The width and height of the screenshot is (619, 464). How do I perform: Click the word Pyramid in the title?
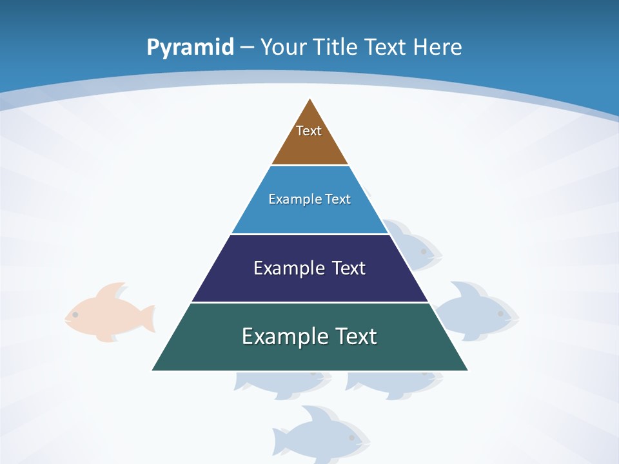pos(190,48)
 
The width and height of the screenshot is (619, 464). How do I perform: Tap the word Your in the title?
pos(284,48)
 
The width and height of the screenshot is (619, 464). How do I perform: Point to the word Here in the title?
pos(437,48)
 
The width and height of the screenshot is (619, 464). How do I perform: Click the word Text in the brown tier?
pos(309,131)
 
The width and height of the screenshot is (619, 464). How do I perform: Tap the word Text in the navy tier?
pos(349,268)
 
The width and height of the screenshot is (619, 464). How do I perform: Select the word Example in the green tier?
pos(282,336)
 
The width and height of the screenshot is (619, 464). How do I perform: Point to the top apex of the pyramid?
pos(310,99)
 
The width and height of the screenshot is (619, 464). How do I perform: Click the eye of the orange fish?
pos(75,314)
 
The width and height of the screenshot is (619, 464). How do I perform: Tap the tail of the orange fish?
pos(148,318)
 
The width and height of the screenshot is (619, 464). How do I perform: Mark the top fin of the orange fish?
pos(112,289)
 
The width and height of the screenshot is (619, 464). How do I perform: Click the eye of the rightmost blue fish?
pos(500,314)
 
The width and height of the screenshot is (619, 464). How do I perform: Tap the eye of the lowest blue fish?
pos(351,438)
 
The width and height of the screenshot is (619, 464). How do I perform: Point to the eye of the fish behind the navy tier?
pos(424,251)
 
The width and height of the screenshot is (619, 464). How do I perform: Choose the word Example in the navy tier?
pos(282,268)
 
